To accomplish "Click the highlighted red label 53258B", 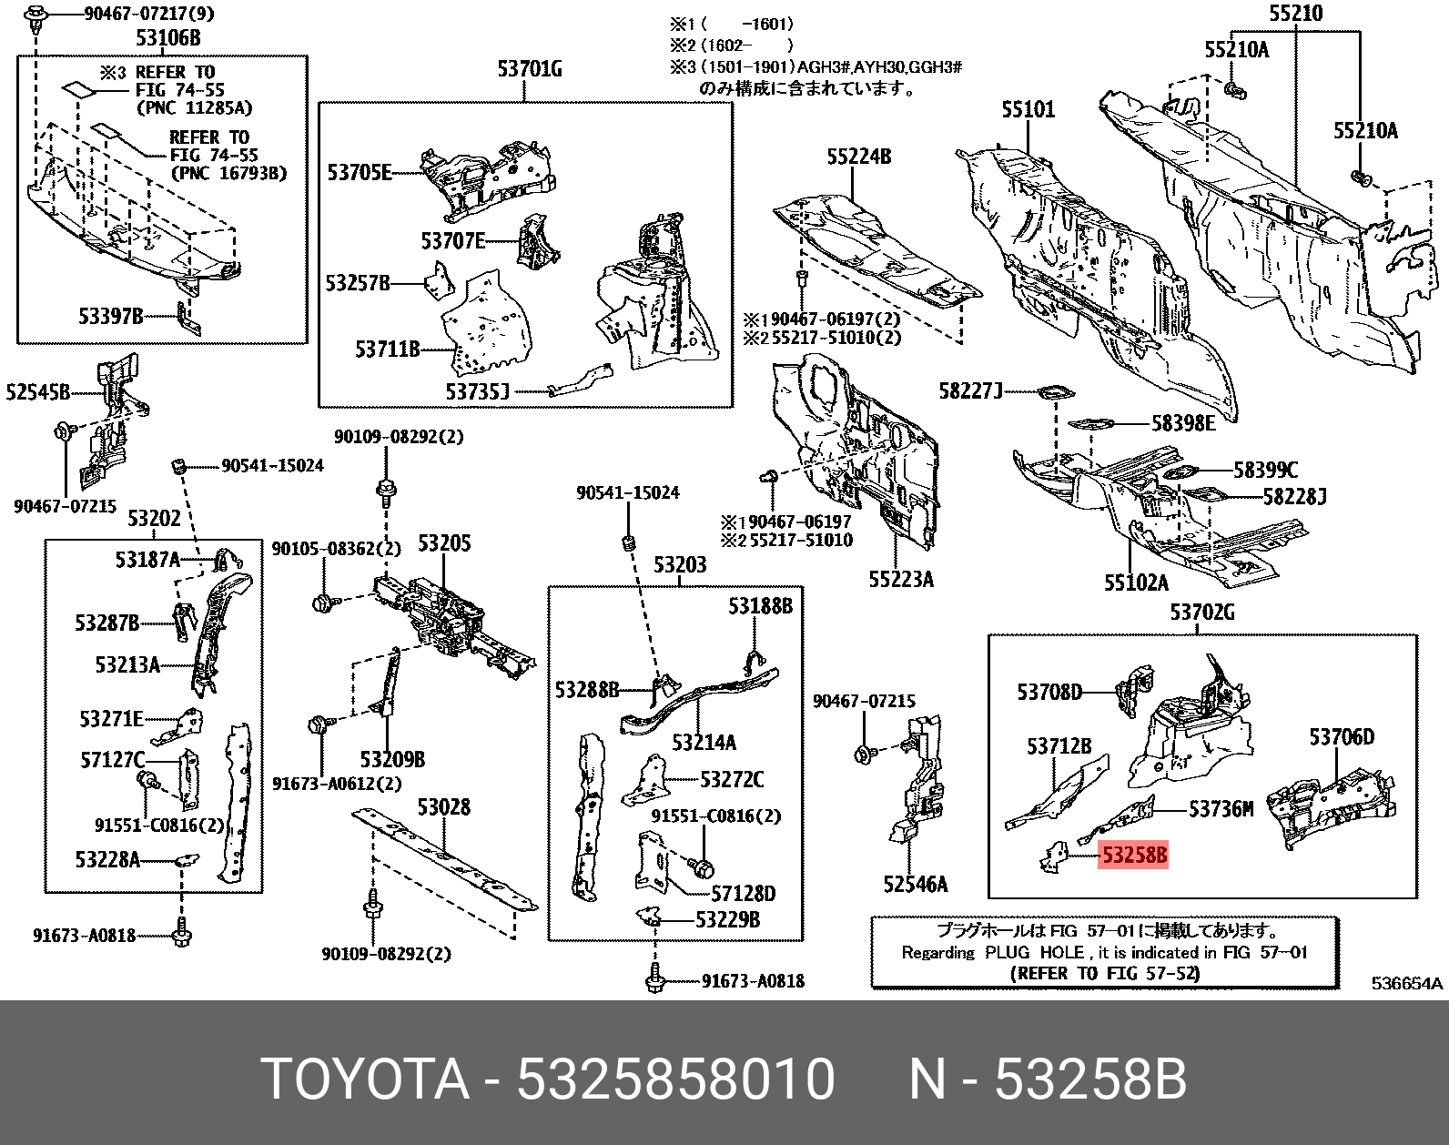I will pos(1133,856).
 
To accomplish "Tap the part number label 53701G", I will pos(529,69).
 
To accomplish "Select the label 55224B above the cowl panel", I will pos(858,157).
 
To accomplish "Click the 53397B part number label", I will pos(110,316).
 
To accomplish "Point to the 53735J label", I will pos(477,391).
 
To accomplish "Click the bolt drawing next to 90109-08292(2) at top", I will pos(385,489).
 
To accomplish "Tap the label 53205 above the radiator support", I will pos(443,543).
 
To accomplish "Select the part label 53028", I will pos(443,807).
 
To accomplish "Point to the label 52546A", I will pos(915,884).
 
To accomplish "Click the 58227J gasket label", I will pos(970,391).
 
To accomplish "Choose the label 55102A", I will pos(1135,583).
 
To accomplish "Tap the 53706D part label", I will pos(1342,737).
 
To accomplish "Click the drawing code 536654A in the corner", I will pos(1406,983).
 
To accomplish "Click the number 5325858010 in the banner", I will pos(675,1079).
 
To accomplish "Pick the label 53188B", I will pos(759,606).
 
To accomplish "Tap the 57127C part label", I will pos(112,759).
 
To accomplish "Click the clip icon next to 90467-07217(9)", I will pos(36,15).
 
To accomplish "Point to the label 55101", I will pos(1028,109).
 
